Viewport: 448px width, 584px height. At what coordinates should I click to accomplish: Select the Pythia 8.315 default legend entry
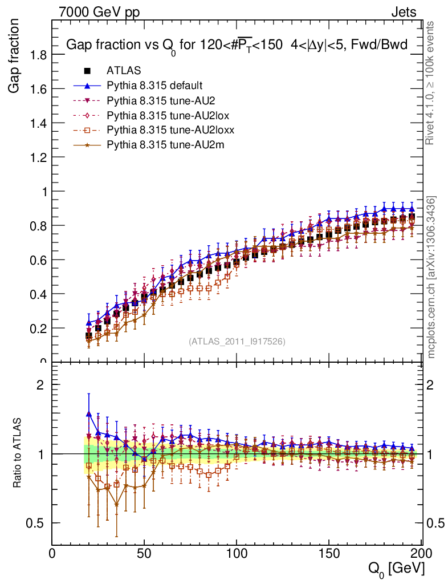154,86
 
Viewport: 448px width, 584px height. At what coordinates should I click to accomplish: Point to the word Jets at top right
403,12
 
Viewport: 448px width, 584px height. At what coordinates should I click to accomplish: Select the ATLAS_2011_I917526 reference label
237,342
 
